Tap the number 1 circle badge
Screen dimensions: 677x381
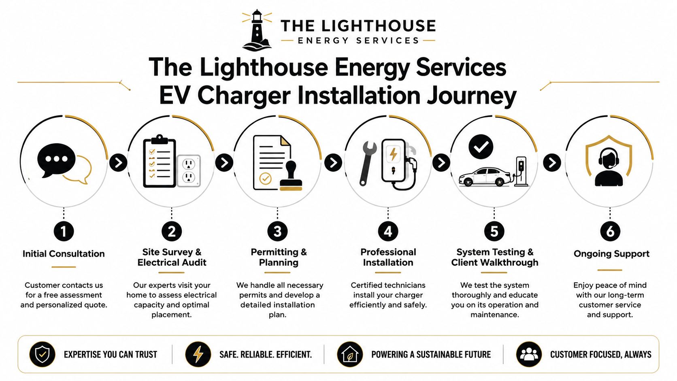tap(64, 232)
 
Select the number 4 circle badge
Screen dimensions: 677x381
tap(388, 232)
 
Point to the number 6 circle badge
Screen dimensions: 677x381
tap(610, 232)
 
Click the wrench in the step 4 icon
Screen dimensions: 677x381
tap(368, 163)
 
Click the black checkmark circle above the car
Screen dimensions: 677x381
tap(481, 147)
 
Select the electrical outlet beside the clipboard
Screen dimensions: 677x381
tap(189, 171)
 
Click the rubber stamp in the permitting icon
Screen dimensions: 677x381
tap(291, 176)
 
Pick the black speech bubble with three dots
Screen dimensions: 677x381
tap(56, 160)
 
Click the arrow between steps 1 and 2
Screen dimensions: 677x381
tap(118, 163)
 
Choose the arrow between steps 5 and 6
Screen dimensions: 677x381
tap(552, 163)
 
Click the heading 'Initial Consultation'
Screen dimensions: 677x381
tap(64, 254)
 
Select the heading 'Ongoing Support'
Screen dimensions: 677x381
tap(611, 254)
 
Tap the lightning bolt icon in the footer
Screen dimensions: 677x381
tap(198, 354)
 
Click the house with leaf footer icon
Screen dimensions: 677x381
tap(350, 354)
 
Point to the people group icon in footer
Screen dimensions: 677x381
tap(529, 354)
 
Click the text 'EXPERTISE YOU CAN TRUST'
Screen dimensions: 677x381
tap(110, 354)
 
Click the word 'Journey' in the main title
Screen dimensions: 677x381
tap(471, 96)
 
